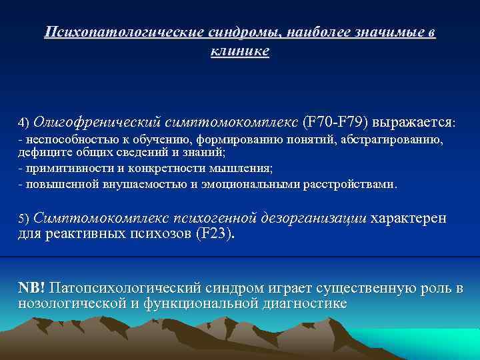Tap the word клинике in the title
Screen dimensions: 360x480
240,51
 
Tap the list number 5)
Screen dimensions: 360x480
24,219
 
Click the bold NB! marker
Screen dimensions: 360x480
31,287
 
